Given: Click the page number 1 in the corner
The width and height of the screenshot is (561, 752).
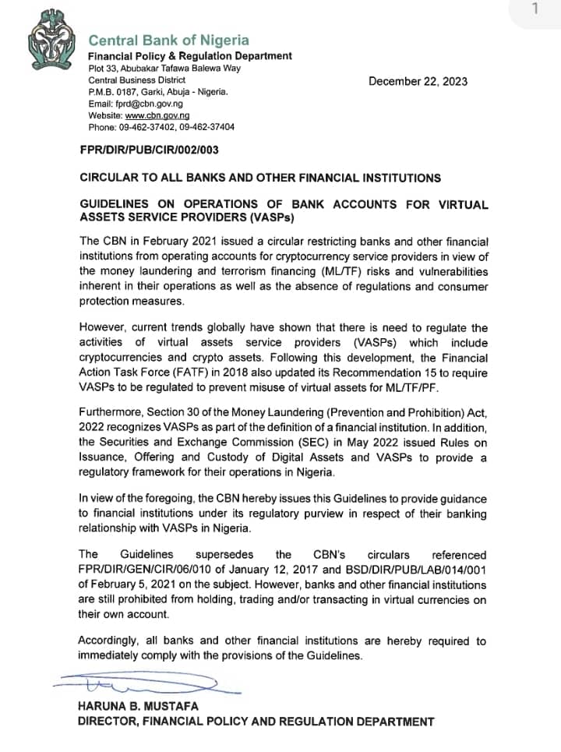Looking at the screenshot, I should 534,9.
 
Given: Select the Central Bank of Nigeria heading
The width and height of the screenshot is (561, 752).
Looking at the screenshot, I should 168,40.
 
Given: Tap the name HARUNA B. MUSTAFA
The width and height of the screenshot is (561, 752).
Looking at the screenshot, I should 138,707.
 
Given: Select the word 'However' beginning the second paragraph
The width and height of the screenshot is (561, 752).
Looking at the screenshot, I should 106,329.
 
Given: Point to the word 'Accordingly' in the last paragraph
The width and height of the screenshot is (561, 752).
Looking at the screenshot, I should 111,641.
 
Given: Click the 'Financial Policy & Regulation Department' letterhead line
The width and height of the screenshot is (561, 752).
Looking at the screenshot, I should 190,56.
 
